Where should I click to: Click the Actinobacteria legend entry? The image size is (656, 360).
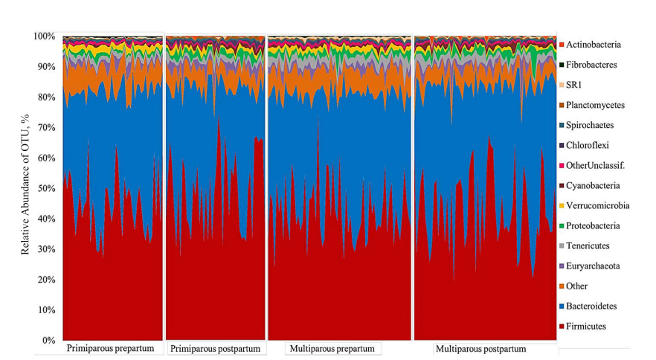pos(593,45)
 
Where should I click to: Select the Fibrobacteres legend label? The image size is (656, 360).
pos(591,65)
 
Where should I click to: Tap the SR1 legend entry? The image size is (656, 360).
pos(573,85)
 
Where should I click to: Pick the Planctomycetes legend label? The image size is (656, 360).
pos(595,105)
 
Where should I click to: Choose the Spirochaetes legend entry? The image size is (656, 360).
pos(592,125)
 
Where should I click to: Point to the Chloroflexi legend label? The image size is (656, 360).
pos(589,145)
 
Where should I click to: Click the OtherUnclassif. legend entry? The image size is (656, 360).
pos(596,165)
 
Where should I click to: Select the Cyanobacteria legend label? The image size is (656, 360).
pos(593,185)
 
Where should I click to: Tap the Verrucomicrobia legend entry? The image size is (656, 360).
pos(597,205)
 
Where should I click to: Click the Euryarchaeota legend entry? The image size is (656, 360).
pos(594,266)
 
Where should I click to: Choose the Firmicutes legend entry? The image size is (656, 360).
pos(585,326)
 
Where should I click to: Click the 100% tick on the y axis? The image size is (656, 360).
pos(44,36)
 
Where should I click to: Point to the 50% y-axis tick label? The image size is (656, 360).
pos(46,188)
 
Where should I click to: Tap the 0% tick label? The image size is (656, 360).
pos(48,341)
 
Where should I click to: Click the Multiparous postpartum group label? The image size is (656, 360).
pos(480,349)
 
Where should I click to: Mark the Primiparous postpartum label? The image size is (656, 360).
pos(216,349)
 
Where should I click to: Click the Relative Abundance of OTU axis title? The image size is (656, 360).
pos(25,184)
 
